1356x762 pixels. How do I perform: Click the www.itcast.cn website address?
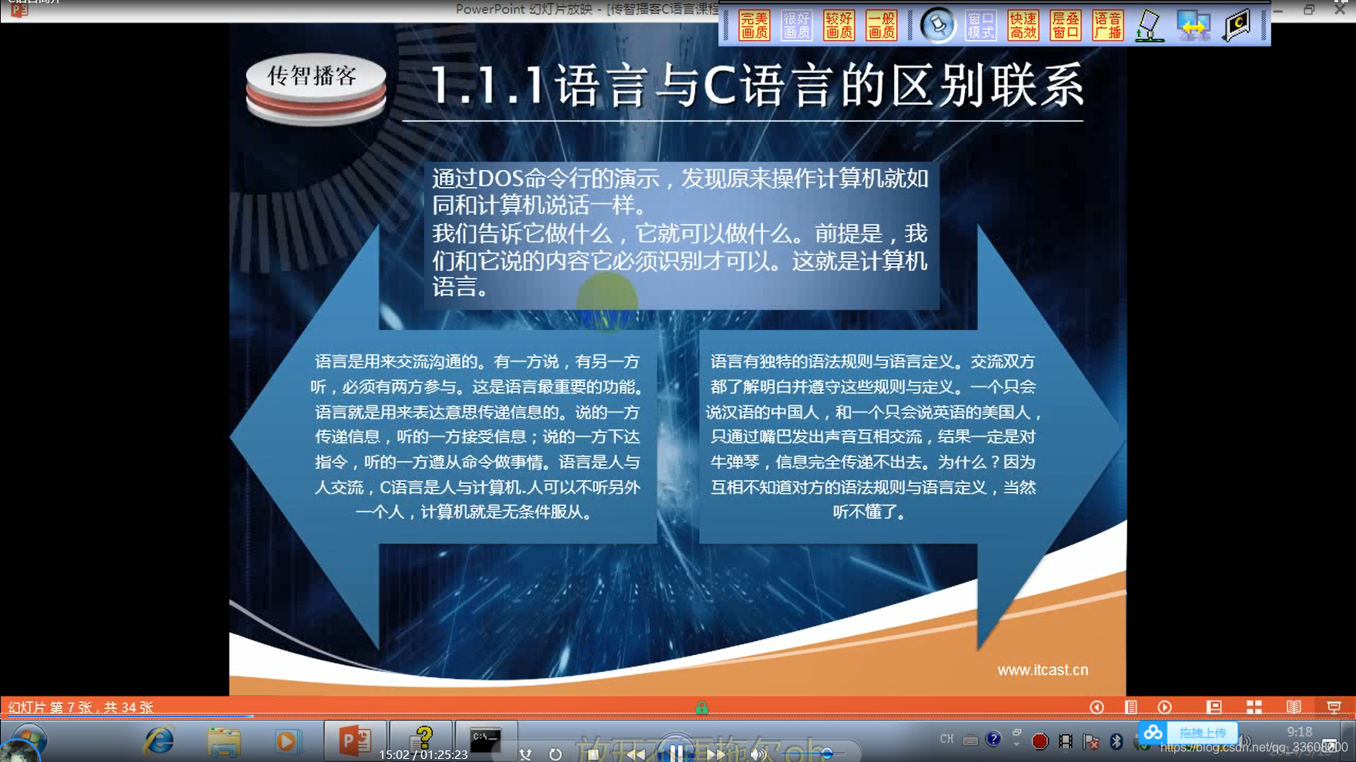click(1043, 670)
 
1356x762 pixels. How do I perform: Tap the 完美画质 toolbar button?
click(754, 25)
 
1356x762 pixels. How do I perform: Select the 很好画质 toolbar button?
click(796, 25)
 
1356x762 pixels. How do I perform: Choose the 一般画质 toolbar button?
click(881, 25)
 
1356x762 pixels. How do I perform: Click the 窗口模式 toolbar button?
click(980, 25)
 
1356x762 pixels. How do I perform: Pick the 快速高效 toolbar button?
click(1023, 25)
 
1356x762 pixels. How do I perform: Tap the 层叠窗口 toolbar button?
click(1066, 25)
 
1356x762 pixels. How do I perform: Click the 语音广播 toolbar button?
click(1107, 25)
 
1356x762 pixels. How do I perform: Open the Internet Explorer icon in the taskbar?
click(159, 740)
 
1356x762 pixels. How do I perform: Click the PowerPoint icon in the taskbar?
click(354, 740)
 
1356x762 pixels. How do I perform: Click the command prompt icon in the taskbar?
click(485, 740)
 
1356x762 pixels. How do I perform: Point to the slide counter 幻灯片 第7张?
click(80, 707)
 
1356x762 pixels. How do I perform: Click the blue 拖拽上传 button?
click(1202, 733)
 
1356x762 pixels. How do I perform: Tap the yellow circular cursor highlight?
click(607, 301)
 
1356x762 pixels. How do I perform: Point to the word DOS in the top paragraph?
click(502, 179)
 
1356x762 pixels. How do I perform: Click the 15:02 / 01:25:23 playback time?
click(423, 754)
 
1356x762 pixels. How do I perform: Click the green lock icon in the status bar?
click(701, 707)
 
